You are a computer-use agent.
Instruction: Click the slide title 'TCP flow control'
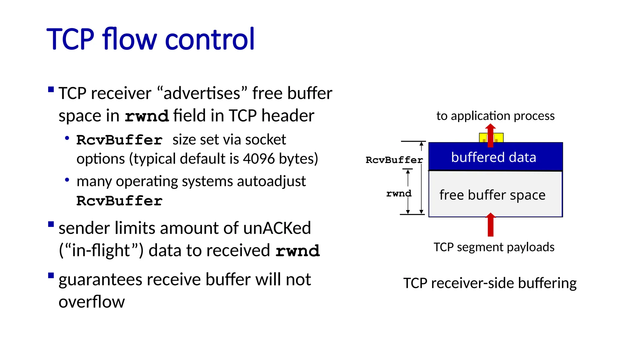pyautogui.click(x=151, y=39)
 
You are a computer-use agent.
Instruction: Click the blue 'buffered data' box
pyautogui.click(x=495, y=157)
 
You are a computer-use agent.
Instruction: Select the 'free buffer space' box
pyautogui.click(x=495, y=194)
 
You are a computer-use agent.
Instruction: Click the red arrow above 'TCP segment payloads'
pyautogui.click(x=490, y=225)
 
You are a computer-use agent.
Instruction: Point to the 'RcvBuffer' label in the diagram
pyautogui.click(x=394, y=160)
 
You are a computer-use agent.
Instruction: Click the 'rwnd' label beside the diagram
pyautogui.click(x=399, y=193)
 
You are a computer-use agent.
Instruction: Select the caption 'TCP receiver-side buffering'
pyautogui.click(x=490, y=283)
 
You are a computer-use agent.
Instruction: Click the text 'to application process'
pyautogui.click(x=495, y=116)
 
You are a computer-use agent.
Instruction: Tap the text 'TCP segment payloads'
pyautogui.click(x=494, y=247)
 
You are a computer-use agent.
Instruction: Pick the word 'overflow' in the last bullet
pyautogui.click(x=92, y=302)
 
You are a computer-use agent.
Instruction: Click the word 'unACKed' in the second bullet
pyautogui.click(x=277, y=228)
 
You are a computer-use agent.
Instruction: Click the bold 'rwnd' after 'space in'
pyautogui.click(x=147, y=116)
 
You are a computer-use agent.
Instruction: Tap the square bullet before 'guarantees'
pyautogui.click(x=51, y=275)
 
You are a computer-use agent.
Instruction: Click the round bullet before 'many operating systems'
pyautogui.click(x=67, y=180)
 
